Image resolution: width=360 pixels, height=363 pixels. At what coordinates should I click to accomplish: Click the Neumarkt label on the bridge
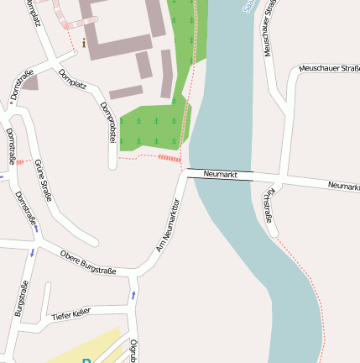[221, 175]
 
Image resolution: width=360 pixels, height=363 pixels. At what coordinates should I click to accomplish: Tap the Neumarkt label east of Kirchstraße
[343, 186]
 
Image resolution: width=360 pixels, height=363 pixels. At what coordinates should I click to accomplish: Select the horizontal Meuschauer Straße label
[329, 68]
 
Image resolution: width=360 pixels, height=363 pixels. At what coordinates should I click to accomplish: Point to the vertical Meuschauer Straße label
[269, 29]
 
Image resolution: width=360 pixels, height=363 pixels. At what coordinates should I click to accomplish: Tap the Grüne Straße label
[43, 181]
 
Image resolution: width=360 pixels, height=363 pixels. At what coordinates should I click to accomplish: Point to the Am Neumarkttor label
[169, 225]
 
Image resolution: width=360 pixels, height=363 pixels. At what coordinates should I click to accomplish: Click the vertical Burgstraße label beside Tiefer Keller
[21, 298]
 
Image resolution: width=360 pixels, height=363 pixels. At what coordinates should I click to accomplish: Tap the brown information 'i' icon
[84, 42]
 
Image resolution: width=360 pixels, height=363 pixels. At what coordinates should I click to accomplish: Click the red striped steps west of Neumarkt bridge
[170, 158]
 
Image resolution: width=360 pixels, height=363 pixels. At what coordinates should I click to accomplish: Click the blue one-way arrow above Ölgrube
[133, 295]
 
